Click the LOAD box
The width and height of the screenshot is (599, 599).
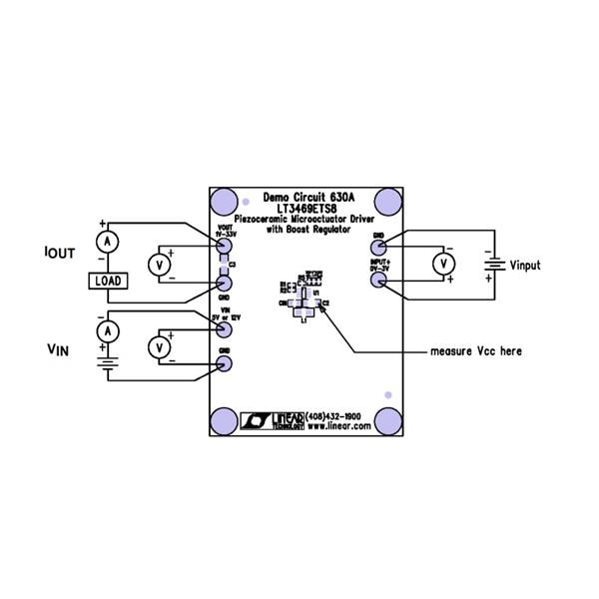pyautogui.click(x=108, y=281)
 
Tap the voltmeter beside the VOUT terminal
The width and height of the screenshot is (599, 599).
pyautogui.click(x=157, y=265)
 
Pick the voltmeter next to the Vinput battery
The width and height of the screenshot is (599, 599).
pyautogui.click(x=440, y=263)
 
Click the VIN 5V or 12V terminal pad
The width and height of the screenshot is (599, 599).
pyautogui.click(x=225, y=329)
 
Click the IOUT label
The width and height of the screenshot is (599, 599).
pyautogui.click(x=61, y=255)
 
